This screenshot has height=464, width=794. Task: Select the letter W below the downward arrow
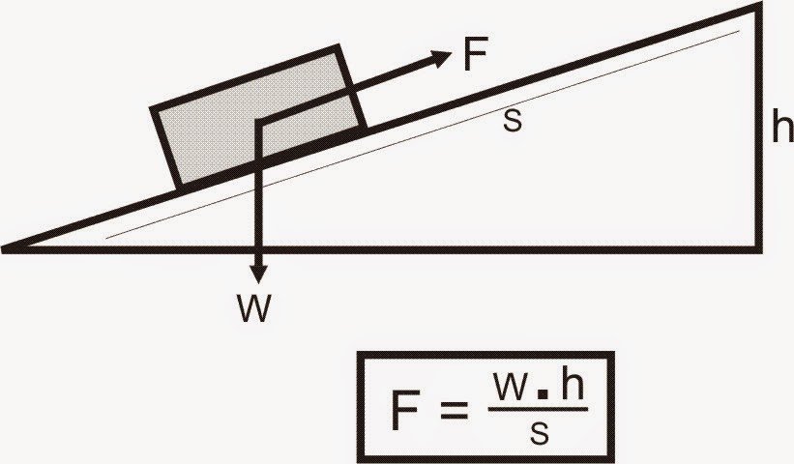[255, 308]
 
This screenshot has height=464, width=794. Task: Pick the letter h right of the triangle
[782, 130]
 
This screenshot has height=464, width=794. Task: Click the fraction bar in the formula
[538, 410]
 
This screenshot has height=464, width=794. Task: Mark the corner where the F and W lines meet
[258, 120]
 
